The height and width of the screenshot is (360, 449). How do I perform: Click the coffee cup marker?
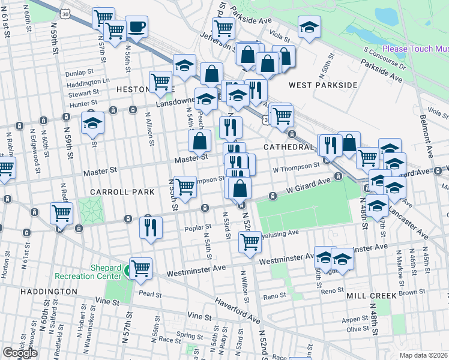pyautogui.click(x=136, y=27)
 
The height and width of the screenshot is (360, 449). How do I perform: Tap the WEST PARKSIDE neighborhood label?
pyautogui.click(x=322, y=85)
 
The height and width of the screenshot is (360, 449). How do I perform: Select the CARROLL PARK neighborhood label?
pyautogui.click(x=113, y=192)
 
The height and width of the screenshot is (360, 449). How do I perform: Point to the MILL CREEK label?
pyautogui.click(x=372, y=296)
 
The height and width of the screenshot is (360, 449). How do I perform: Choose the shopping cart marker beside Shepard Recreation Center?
pyautogui.click(x=140, y=268)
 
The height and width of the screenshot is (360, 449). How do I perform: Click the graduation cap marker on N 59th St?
pyautogui.click(x=92, y=124)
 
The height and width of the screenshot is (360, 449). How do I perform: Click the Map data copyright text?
pyautogui.click(x=423, y=355)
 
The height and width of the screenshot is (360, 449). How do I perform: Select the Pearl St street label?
pyautogui.click(x=149, y=295)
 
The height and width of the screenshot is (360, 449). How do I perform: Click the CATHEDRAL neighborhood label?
pyautogui.click(x=288, y=146)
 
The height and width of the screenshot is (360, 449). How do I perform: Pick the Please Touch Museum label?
pyautogui.click(x=415, y=46)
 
